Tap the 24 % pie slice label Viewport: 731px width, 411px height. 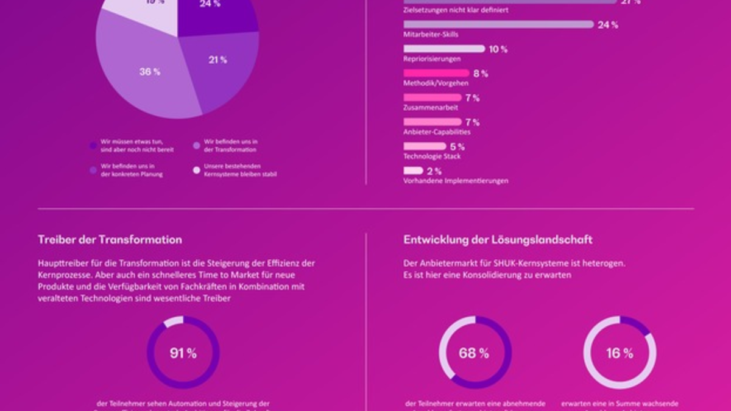click(210, 4)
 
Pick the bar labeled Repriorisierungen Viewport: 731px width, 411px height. click(444, 49)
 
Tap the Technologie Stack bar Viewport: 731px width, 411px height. click(425, 146)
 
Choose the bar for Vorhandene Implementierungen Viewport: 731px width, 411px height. click(413, 170)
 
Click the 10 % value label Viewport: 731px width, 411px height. click(498, 49)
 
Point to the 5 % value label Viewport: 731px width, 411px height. click(457, 147)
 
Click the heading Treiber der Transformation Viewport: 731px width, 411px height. click(110, 239)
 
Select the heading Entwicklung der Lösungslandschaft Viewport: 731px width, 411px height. click(498, 239)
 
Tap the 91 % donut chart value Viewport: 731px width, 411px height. click(183, 353)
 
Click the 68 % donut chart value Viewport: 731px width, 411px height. click(475, 353)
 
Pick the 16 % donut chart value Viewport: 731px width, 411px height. click(620, 353)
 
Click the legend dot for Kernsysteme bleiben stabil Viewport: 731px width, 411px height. click(197, 170)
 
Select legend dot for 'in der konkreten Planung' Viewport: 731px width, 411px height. click(93, 170)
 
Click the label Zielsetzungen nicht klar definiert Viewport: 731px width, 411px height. click(456, 10)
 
